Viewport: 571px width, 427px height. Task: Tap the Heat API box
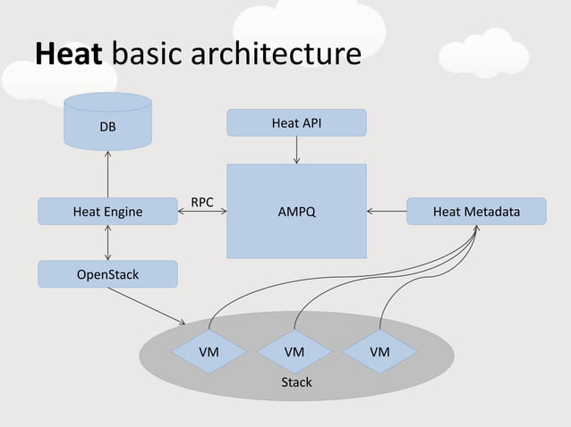(296, 122)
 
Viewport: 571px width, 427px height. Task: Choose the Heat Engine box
(107, 212)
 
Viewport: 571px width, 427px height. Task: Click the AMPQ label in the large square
(296, 213)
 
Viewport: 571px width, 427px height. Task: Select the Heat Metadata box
(476, 212)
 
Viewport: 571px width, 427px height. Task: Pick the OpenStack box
(107, 274)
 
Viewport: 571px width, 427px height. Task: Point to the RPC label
(201, 202)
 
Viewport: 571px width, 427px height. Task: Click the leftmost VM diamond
(209, 352)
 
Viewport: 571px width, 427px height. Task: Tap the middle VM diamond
(294, 352)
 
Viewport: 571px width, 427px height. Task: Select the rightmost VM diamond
(379, 352)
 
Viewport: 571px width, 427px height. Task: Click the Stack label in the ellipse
(296, 382)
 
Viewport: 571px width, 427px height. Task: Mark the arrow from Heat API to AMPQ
(296, 150)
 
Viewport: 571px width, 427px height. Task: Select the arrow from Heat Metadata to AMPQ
(387, 212)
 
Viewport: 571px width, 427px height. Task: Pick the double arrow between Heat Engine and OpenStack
(107, 243)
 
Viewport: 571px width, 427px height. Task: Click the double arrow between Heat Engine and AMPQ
(201, 213)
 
